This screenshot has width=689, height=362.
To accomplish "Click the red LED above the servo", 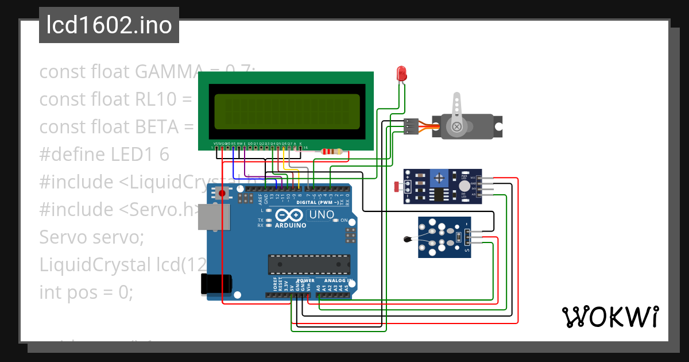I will click(402, 73).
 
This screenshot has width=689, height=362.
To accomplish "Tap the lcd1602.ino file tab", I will click(109, 25).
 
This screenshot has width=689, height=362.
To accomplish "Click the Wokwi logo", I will click(609, 317).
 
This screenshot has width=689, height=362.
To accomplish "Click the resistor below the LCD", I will click(332, 152).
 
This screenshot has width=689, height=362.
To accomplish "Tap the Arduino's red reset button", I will click(222, 194).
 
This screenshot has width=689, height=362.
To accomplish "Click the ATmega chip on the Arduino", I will click(309, 263).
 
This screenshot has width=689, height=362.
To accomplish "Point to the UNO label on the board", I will click(322, 215).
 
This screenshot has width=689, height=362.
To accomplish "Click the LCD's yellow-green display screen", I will click(287, 112).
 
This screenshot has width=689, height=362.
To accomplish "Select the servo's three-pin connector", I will click(411, 127).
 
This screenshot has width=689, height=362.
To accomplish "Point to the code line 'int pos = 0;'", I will click(86, 292).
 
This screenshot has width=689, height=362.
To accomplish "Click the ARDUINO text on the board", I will click(290, 226).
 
